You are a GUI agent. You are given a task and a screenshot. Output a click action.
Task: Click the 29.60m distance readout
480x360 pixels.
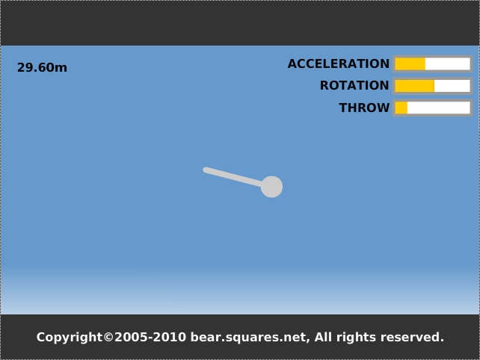click(42, 67)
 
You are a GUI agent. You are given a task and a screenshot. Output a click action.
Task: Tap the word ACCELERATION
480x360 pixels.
click(338, 63)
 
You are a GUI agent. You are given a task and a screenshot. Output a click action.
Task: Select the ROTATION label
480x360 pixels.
click(354, 85)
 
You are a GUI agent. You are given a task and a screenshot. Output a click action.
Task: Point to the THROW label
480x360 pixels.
click(364, 108)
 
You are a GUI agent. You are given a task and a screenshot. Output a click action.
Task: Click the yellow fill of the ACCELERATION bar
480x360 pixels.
click(410, 64)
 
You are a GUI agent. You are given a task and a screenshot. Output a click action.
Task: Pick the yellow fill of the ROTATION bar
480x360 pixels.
click(414, 86)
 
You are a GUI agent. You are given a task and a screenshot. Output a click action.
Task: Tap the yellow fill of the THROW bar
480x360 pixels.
click(401, 108)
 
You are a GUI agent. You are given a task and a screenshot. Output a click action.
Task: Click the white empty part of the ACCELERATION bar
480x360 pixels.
click(448, 64)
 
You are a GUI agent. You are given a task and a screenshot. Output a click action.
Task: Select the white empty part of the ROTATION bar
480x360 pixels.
click(452, 86)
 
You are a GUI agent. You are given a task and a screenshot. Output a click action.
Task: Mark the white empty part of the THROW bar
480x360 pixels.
click(438, 108)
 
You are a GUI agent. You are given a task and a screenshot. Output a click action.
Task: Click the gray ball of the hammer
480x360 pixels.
click(271, 187)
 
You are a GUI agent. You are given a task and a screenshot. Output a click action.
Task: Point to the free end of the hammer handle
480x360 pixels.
click(206, 170)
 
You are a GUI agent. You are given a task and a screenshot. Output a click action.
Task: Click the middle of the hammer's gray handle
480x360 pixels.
click(233, 177)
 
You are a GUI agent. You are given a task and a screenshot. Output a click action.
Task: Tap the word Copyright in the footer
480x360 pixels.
click(70, 338)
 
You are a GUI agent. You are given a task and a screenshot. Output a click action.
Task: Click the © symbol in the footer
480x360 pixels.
click(108, 337)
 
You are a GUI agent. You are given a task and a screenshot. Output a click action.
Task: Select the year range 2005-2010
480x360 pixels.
click(150, 337)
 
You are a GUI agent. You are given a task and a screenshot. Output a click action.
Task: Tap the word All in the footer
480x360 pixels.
click(324, 337)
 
